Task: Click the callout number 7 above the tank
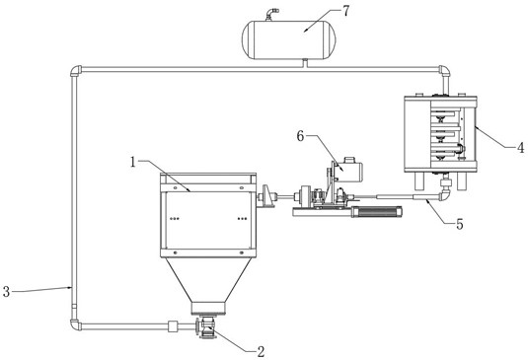click(346, 11)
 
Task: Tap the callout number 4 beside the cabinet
click(520, 147)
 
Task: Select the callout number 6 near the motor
click(300, 136)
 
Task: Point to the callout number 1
click(133, 163)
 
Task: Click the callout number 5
click(460, 224)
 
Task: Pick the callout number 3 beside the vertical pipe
click(6, 291)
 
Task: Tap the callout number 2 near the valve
click(261, 351)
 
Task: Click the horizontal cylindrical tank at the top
click(289, 39)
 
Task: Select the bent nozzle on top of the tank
click(271, 14)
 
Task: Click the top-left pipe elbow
click(75, 70)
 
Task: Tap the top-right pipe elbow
click(445, 70)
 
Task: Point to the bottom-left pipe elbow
click(75, 325)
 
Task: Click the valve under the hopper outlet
click(205, 327)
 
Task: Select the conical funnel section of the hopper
click(208, 280)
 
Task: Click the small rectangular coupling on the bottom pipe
click(173, 326)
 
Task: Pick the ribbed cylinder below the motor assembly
click(377, 212)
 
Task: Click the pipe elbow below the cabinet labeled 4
click(444, 195)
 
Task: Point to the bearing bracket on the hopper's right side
click(267, 196)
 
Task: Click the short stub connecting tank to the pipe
click(305, 62)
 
